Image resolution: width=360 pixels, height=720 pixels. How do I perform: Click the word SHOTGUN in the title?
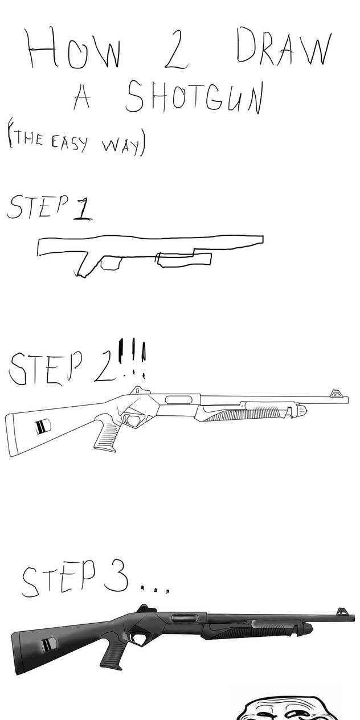(x=194, y=96)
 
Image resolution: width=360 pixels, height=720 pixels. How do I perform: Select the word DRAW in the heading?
(x=284, y=47)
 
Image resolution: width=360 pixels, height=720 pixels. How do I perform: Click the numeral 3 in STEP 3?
(x=116, y=578)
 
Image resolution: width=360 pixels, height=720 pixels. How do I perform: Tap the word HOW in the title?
(x=74, y=49)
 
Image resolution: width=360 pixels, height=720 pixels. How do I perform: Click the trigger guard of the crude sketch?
(x=111, y=262)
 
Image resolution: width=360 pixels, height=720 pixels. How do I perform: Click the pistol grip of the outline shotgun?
(x=106, y=433)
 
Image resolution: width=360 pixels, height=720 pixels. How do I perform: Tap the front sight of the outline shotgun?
(x=336, y=393)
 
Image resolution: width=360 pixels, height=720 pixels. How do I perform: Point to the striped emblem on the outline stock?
(x=43, y=426)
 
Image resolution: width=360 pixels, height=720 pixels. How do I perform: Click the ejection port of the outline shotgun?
(x=179, y=399)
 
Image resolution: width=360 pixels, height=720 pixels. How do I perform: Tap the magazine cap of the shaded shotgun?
(x=308, y=627)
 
